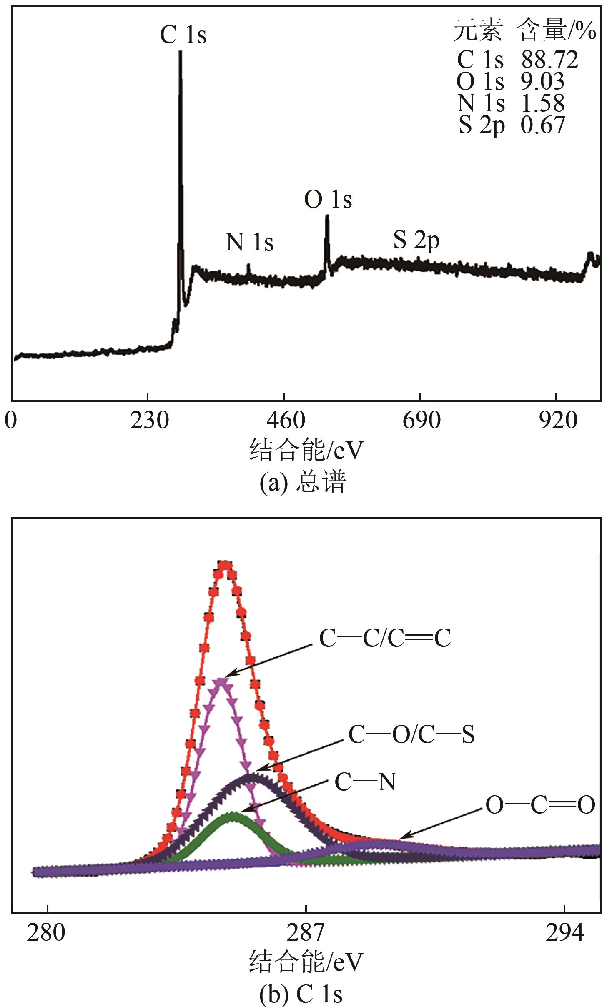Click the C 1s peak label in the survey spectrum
(183, 35)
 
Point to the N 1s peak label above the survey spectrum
(249, 242)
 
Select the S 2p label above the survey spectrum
(416, 240)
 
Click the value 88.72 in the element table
(549, 60)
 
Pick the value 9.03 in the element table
(542, 81)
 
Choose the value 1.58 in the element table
(543, 103)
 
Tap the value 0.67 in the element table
(543, 125)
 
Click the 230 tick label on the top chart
(149, 421)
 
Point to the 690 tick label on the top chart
(421, 421)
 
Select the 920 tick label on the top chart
(557, 421)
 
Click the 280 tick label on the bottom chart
(46, 932)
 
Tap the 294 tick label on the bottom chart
(564, 932)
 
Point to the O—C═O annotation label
(540, 805)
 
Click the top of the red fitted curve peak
(225, 566)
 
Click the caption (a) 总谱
(303, 483)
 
